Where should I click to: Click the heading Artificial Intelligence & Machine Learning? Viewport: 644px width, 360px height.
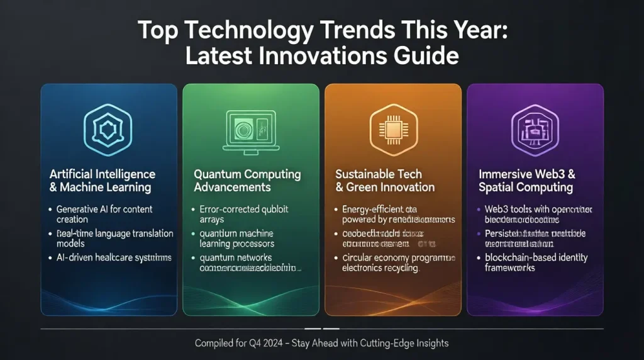click(x=102, y=180)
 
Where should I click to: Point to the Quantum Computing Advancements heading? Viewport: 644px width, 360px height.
click(x=247, y=180)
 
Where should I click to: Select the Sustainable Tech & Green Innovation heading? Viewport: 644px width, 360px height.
click(x=385, y=180)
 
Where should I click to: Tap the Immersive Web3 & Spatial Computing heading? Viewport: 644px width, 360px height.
click(x=528, y=180)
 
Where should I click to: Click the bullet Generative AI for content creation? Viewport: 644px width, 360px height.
click(x=104, y=214)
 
